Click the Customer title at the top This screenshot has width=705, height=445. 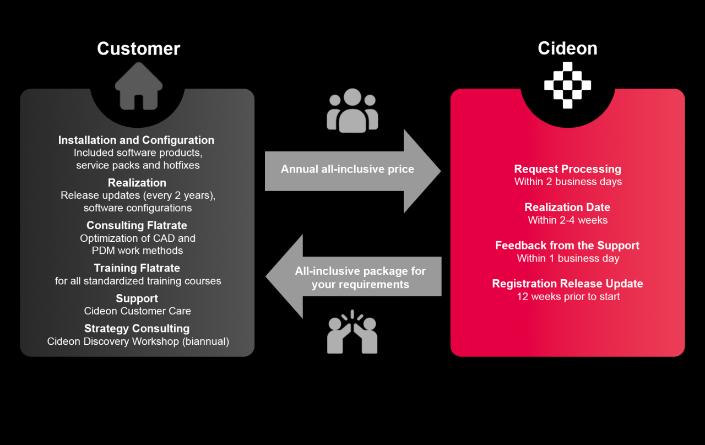point(138,48)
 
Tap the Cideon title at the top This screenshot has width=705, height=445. point(567,48)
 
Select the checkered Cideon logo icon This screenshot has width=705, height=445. point(567,85)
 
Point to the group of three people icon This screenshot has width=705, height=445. point(352,111)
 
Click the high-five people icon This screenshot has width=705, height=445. point(352,333)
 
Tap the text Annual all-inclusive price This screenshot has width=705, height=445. point(347,169)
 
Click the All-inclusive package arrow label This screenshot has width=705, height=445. point(360,278)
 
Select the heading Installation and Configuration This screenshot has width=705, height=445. point(137,140)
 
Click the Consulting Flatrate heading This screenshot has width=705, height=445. point(137,225)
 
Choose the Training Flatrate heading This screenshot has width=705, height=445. point(137,268)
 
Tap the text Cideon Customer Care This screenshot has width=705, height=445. point(138,311)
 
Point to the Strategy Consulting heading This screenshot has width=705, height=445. point(137,328)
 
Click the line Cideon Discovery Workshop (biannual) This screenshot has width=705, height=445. point(138,341)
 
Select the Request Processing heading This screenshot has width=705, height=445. point(567,169)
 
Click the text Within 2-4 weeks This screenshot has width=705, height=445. point(567,220)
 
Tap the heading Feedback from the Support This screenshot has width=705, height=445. point(567,246)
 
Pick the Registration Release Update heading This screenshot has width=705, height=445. point(567,284)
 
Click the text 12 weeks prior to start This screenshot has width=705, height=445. point(568,297)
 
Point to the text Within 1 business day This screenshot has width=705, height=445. point(568,259)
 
